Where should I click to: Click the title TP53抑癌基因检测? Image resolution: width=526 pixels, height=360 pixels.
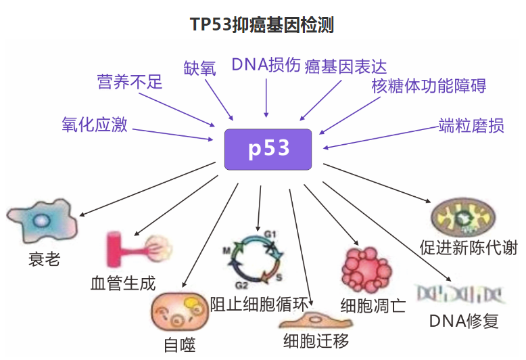tap(262, 25)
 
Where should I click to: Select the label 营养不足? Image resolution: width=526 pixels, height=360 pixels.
tap(130, 83)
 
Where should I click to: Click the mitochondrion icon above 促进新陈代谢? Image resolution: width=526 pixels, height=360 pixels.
tap(467, 218)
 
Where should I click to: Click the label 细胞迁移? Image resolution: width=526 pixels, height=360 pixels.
tap(316, 340)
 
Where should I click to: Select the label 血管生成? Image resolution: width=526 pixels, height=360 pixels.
tap(123, 282)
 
